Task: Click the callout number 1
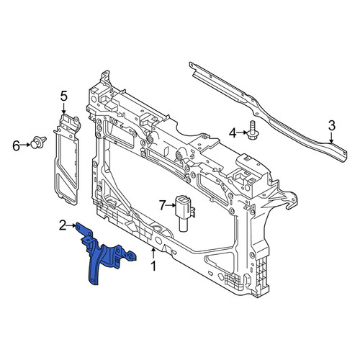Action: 153,266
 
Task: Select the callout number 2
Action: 63,225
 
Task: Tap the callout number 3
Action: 331,126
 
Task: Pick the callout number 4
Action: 233,132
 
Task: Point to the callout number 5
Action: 63,96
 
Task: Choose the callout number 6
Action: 16,145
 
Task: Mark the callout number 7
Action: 163,205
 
